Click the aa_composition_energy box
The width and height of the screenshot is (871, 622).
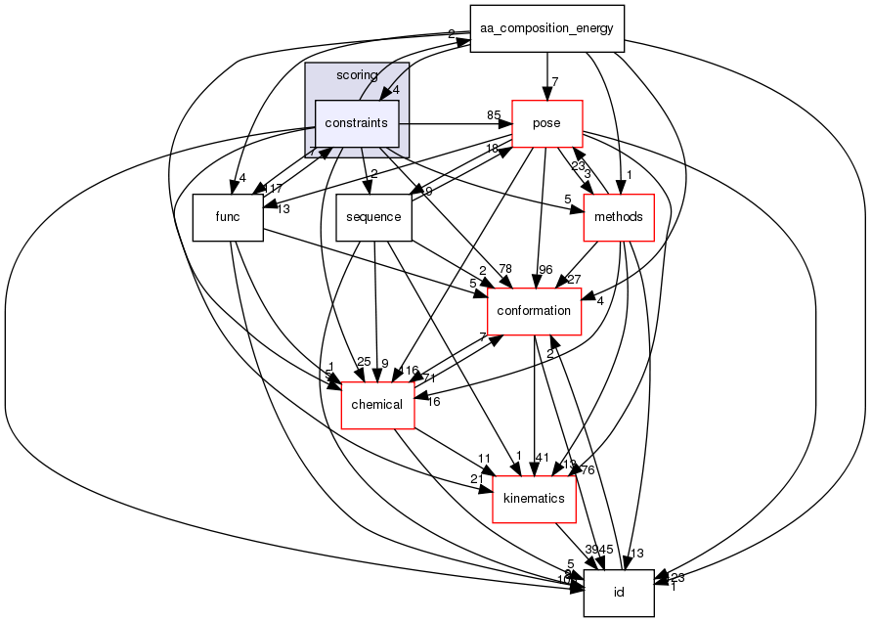pyautogui.click(x=546, y=28)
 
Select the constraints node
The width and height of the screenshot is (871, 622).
pyautogui.click(x=357, y=124)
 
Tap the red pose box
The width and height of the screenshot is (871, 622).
pyautogui.click(x=546, y=124)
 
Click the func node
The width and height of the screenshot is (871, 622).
pyautogui.click(x=228, y=217)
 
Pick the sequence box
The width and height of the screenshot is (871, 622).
pyautogui.click(x=374, y=217)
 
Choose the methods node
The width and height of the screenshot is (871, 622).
pyautogui.click(x=618, y=217)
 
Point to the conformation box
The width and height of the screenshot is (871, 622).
pyautogui.click(x=534, y=310)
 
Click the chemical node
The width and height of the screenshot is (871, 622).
pyautogui.click(x=377, y=404)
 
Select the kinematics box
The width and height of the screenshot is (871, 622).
pyautogui.click(x=533, y=498)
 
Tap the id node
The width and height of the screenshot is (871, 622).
pyautogui.click(x=618, y=593)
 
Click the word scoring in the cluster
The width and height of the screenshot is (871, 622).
pyautogui.click(x=356, y=75)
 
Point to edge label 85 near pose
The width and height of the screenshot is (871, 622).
pyautogui.click(x=494, y=116)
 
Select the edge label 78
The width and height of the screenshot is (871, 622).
pyautogui.click(x=505, y=269)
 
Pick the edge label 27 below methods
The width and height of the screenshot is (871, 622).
pyautogui.click(x=574, y=280)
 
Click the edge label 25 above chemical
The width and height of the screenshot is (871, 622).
pyautogui.click(x=364, y=363)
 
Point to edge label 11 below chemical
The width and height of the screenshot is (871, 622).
pyautogui.click(x=483, y=459)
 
